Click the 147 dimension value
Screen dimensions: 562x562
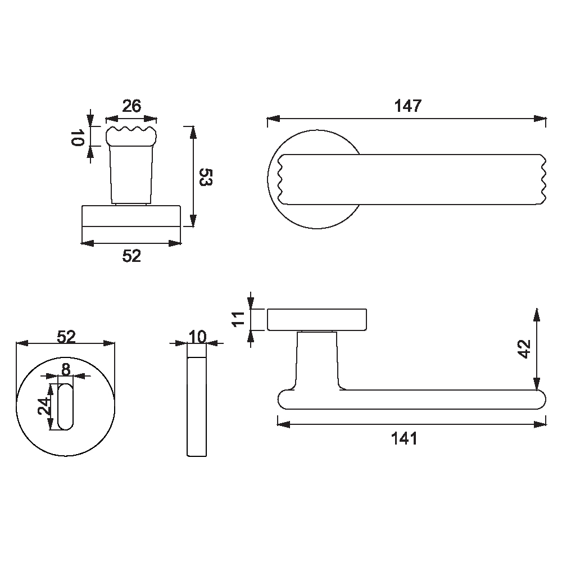[x=408, y=106]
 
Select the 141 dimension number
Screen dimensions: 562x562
[x=404, y=439]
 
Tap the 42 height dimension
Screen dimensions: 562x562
[x=524, y=349]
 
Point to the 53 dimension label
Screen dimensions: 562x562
[x=206, y=177]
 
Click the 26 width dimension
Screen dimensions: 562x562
[x=132, y=106]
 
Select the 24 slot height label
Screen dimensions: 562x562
[x=45, y=406]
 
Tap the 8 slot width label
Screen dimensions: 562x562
[x=66, y=369]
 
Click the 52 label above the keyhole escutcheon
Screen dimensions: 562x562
[x=66, y=337]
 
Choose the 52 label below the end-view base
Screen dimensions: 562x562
[x=132, y=256]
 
